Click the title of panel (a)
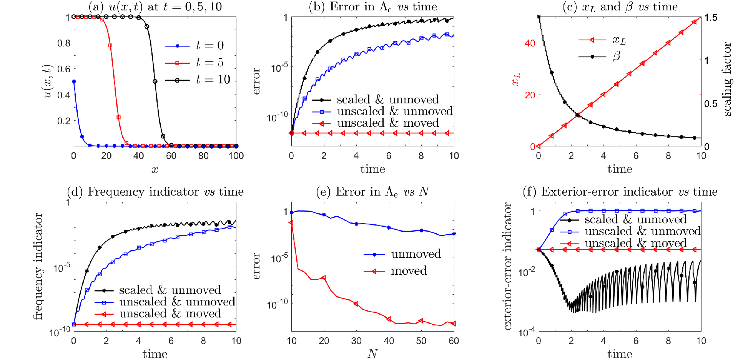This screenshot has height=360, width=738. [x=155, y=7]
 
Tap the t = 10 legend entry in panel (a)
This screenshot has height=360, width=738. [x=198, y=80]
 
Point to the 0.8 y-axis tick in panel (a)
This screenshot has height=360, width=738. [x=64, y=43]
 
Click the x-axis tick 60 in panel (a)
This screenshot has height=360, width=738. [x=171, y=156]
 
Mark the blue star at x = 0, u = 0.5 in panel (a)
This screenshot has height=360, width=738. [x=74, y=81]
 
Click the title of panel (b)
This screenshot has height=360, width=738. [x=373, y=7]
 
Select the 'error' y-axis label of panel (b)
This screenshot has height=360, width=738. [x=256, y=81]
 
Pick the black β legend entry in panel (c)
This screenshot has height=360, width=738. [x=600, y=57]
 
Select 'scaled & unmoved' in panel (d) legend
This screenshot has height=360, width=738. [x=158, y=290]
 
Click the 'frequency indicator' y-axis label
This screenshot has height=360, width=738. [x=38, y=266]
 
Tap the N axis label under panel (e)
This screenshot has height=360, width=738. [x=372, y=353]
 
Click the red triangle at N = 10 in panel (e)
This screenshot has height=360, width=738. [x=291, y=222]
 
